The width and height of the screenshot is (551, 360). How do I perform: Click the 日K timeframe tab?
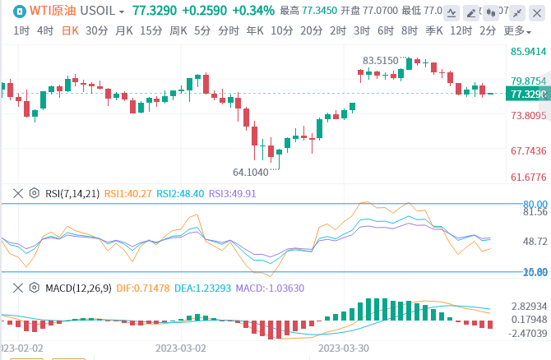point(70,30)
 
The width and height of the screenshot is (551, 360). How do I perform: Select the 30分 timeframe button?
point(96,30)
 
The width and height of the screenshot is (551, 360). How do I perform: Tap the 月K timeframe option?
point(123,30)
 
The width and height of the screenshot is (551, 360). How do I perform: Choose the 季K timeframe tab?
point(434,30)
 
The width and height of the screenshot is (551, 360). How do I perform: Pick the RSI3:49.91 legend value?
point(233,193)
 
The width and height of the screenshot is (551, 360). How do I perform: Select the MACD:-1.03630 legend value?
point(270,288)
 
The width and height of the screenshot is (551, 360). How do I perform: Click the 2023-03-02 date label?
point(180,348)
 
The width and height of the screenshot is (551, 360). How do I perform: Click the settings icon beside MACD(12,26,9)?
point(35,288)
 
